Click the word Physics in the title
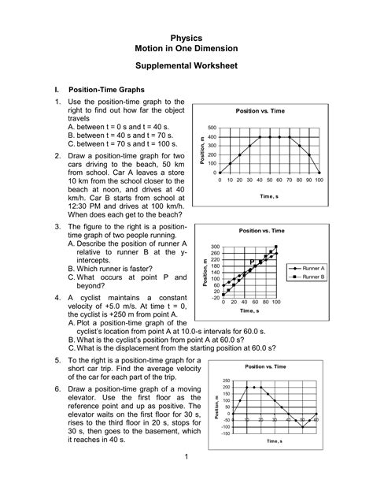tap(186, 37)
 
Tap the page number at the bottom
tap(186, 457)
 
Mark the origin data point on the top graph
tap(220, 173)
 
